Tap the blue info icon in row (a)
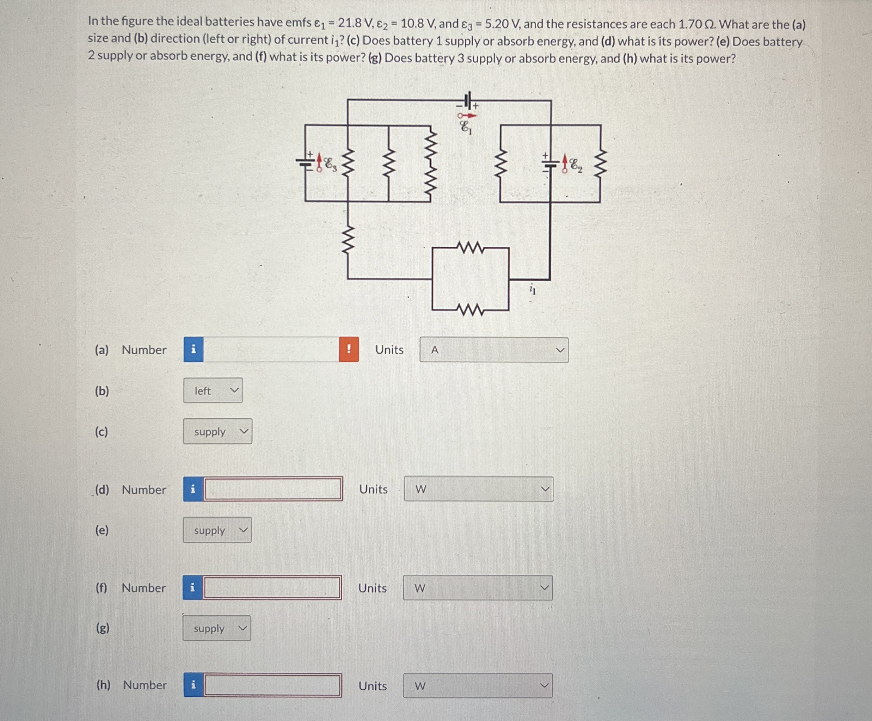(x=193, y=349)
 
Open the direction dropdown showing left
(x=213, y=390)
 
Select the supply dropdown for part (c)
(x=217, y=431)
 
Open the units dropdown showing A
(x=494, y=350)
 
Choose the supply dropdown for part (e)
(x=217, y=530)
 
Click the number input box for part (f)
(x=272, y=587)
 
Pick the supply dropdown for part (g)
(x=217, y=628)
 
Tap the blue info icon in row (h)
(x=193, y=685)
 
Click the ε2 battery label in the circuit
(x=576, y=166)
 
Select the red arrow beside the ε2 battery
(x=564, y=163)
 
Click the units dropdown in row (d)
(x=478, y=489)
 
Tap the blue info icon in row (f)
(x=192, y=587)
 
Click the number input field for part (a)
(x=271, y=349)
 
